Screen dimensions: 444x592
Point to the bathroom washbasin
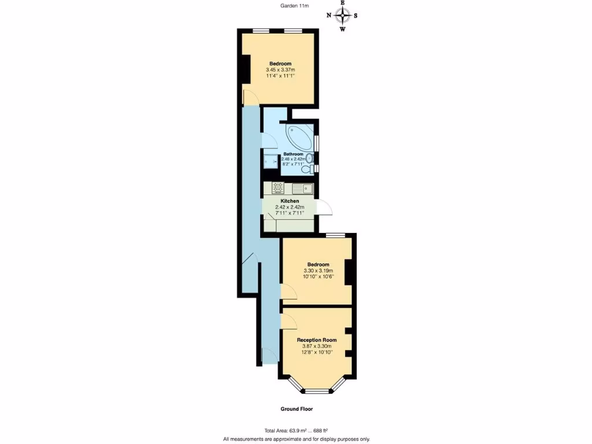coord(310,158)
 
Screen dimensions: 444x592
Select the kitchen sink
coord(302,188)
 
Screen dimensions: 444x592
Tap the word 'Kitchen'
coord(290,201)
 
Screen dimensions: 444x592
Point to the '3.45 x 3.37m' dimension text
coord(280,70)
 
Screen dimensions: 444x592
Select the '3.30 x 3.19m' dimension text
coord(316,271)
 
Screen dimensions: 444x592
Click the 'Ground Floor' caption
coord(296,409)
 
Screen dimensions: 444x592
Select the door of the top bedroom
coord(250,99)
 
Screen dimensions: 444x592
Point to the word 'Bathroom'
coord(293,154)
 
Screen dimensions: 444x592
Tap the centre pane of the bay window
coord(317,391)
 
